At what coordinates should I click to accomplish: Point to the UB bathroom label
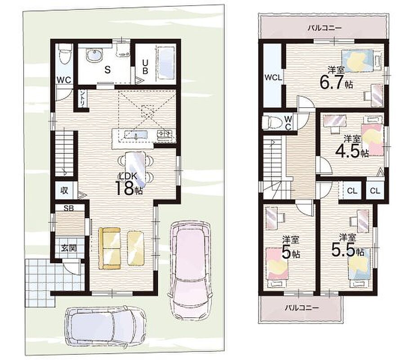145,67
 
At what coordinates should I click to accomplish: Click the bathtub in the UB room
166,63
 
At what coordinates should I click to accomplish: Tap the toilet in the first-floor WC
65,54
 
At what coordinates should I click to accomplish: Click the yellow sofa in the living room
109,248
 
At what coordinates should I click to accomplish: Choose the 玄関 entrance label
69,248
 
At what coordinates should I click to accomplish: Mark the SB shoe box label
69,208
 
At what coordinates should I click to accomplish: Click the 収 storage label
64,190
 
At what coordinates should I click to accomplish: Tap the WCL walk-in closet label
273,78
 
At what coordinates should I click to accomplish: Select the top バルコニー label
325,27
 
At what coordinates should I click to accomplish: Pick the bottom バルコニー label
302,308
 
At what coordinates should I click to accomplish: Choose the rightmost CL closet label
375,190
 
